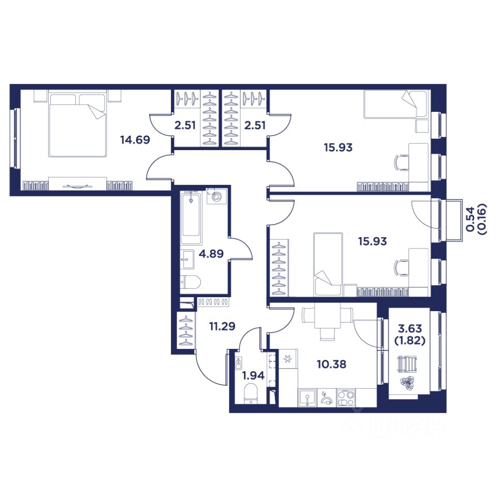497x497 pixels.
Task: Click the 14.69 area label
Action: [135, 139]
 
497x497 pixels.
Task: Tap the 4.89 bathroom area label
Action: [211, 254]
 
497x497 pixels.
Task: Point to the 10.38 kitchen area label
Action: [331, 364]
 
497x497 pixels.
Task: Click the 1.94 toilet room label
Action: [253, 376]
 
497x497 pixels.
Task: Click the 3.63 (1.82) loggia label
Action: [410, 334]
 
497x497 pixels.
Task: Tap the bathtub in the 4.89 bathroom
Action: [191, 218]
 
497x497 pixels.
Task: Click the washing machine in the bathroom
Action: [216, 197]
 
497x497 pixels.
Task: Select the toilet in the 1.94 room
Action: [251, 394]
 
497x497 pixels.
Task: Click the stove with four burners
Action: [346, 398]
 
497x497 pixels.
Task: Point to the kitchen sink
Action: [307, 398]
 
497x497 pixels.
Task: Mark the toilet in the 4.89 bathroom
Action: [190, 282]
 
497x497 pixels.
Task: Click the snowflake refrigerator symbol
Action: [288, 359]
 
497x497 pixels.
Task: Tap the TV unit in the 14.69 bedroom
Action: [77, 183]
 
